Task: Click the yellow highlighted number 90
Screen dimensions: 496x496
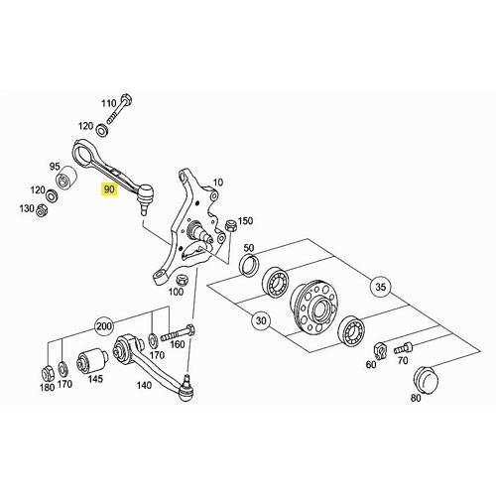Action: pos(109,189)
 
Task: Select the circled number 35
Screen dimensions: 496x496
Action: pos(381,287)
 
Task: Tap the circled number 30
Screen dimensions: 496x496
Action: pos(261,320)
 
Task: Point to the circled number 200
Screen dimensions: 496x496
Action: pos(104,326)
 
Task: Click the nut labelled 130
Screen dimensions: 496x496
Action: pos(42,209)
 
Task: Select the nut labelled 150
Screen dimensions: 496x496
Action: pos(230,226)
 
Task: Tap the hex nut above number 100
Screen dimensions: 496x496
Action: pos(183,280)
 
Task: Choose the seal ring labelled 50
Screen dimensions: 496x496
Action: pos(250,264)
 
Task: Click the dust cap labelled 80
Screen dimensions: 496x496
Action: pos(427,379)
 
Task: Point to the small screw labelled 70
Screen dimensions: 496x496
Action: pos(404,348)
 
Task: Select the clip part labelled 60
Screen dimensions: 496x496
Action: pos(380,350)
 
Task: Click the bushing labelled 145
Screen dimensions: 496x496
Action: pos(91,361)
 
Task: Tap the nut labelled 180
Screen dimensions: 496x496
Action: pos(47,373)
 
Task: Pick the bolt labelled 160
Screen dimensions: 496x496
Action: pos(178,332)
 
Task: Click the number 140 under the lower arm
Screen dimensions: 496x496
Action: pos(144,385)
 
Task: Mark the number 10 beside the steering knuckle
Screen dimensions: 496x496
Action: pos(218,183)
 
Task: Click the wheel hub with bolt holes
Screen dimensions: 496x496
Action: pos(312,307)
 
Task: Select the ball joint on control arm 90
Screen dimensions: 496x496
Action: pos(145,197)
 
